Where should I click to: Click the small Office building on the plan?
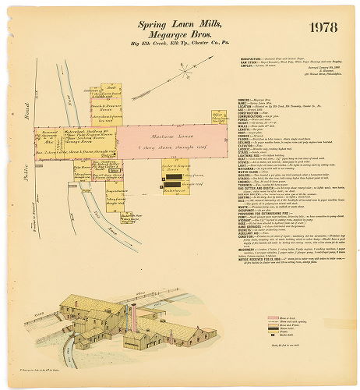[219, 118]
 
